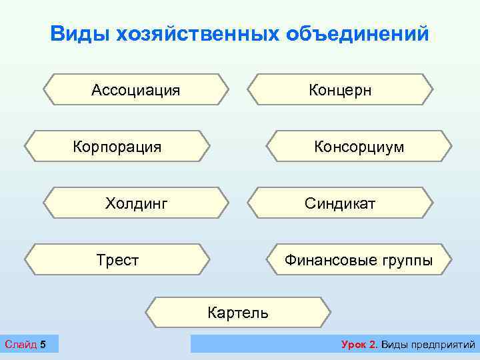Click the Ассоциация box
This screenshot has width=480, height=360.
pos(136,90)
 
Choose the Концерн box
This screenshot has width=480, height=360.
pos(340,90)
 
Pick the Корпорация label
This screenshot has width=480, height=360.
pos(117,147)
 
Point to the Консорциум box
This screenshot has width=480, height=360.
pos(359,147)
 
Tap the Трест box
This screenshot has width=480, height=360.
pos(117,260)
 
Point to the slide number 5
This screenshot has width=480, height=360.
pos(43,344)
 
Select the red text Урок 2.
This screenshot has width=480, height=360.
pos(359,344)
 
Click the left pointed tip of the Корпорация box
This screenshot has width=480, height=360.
pos(26,147)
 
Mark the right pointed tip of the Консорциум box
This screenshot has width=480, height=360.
pos(451,147)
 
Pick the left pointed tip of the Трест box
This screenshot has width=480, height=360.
pos(26,260)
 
